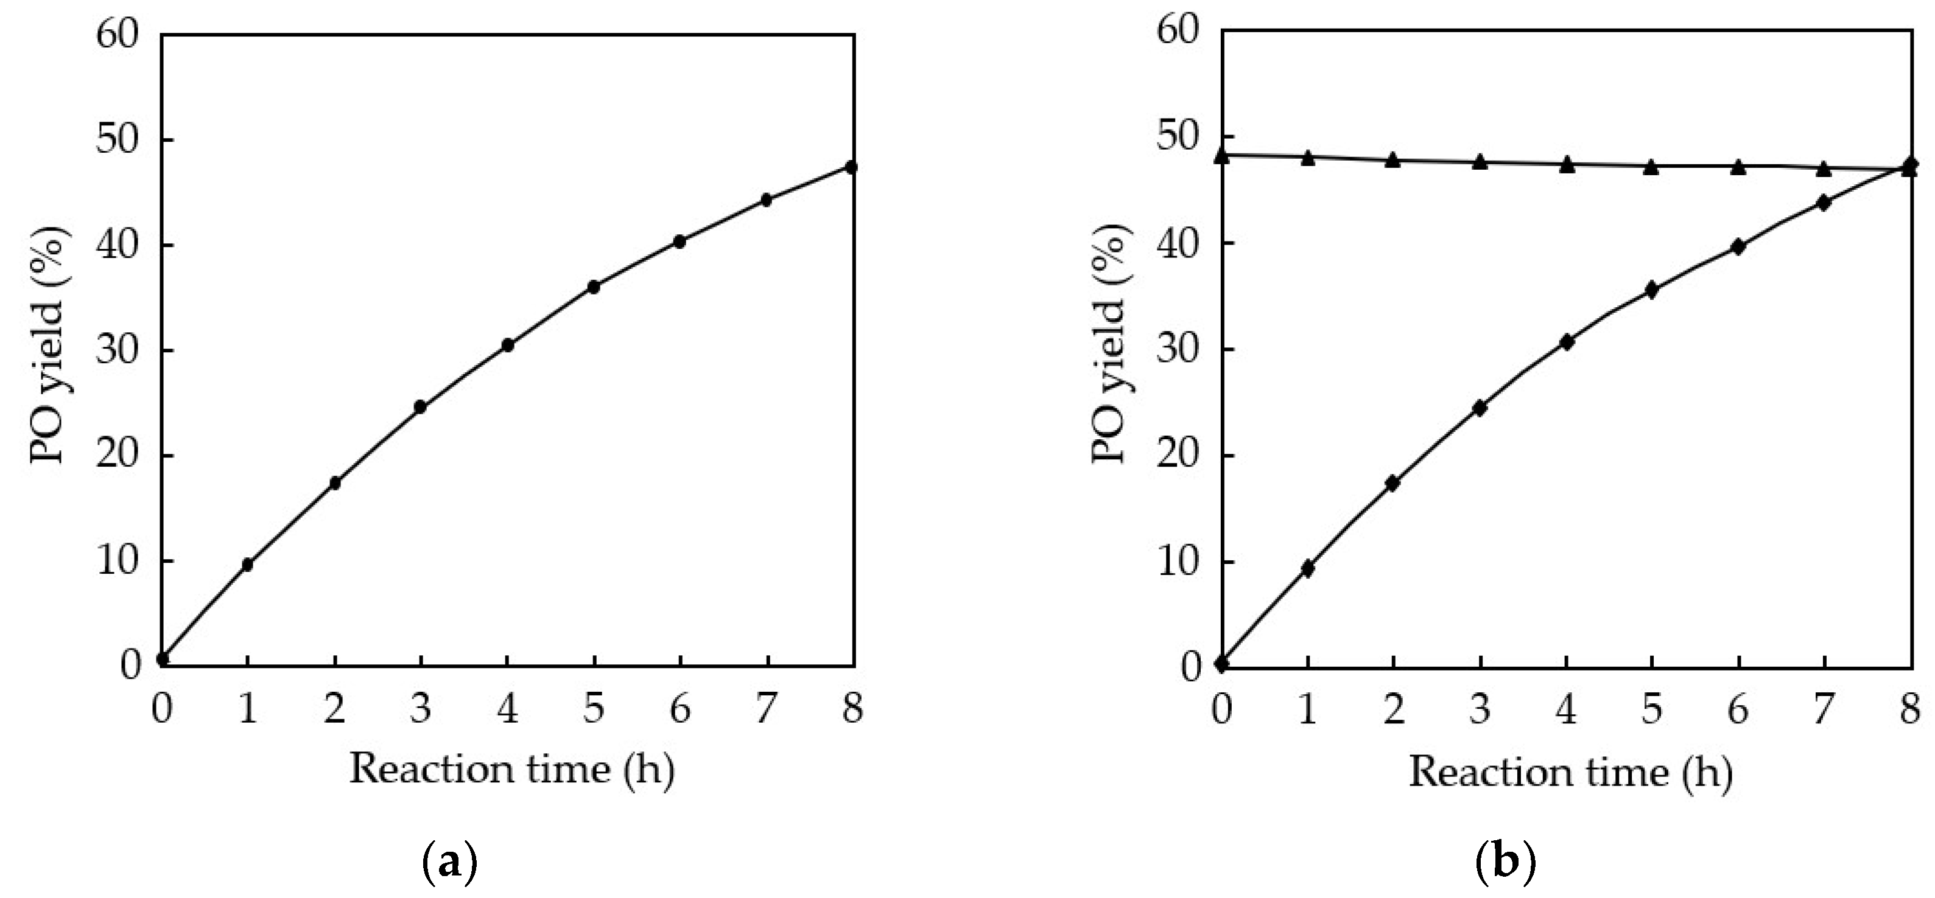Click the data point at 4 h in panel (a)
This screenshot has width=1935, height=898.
pyautogui.click(x=508, y=344)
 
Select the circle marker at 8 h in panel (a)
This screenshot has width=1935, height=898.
pyautogui.click(x=851, y=166)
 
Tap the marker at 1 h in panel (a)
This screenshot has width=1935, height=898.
pyautogui.click(x=248, y=564)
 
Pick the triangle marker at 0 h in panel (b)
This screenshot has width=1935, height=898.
pyautogui.click(x=1221, y=155)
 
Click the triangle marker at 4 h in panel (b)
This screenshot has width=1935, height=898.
pyautogui.click(x=1567, y=164)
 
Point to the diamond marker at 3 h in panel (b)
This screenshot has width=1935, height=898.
pyautogui.click(x=1480, y=408)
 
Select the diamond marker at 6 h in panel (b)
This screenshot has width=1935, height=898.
pyautogui.click(x=1738, y=246)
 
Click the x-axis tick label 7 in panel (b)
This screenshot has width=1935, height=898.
pyautogui.click(x=1824, y=709)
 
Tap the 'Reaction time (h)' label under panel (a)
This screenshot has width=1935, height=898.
pyautogui.click(x=511, y=770)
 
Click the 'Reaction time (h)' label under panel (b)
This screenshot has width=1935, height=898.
pyautogui.click(x=1571, y=773)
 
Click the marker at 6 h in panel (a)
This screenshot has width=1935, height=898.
pyautogui.click(x=680, y=241)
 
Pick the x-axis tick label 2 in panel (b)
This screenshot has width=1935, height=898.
pyautogui.click(x=1394, y=709)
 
